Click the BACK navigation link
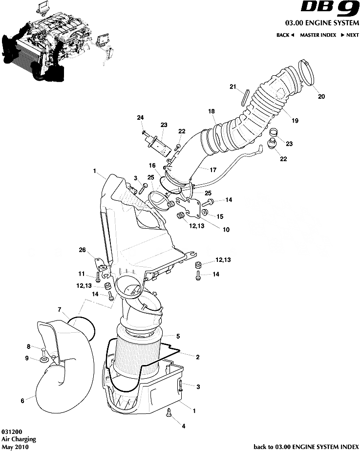coord(285,35)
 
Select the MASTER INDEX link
coord(318,35)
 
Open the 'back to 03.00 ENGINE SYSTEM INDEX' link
coord(306,447)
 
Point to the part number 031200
coord(10,432)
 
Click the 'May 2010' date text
coord(15,447)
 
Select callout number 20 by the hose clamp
coord(321,96)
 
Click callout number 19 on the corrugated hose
coord(295,120)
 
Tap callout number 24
coord(140,118)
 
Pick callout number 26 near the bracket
coord(83,250)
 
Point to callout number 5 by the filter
coord(178,336)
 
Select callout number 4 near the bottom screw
coord(183,426)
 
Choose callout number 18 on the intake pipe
coord(212,111)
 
